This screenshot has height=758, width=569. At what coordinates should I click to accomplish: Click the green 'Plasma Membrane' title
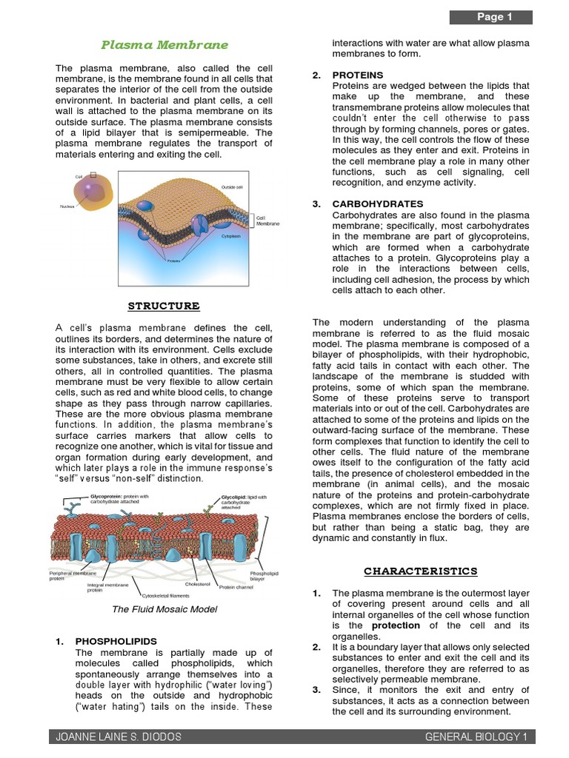tap(164, 45)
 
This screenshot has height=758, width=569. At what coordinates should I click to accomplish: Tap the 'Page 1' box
tap(494, 17)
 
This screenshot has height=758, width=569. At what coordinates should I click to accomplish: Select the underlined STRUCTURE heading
tap(164, 306)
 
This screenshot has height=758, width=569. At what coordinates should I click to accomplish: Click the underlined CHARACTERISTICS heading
tap(420, 571)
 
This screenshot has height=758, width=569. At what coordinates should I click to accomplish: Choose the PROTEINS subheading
tap(358, 75)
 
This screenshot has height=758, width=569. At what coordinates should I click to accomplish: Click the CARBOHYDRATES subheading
tap(378, 204)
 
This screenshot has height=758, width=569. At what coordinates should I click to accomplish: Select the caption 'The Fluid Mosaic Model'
tap(164, 609)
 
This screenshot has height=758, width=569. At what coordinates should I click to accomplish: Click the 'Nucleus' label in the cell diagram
tap(67, 207)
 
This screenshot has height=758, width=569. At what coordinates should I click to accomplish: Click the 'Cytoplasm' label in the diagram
tap(230, 236)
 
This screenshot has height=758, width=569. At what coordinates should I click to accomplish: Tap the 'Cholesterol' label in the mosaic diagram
tap(198, 584)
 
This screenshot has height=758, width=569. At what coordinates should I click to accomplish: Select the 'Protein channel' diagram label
tap(236, 587)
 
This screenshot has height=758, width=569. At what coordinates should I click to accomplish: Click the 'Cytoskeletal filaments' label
tap(166, 595)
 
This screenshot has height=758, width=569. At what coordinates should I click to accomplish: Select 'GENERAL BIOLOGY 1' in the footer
tap(476, 737)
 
